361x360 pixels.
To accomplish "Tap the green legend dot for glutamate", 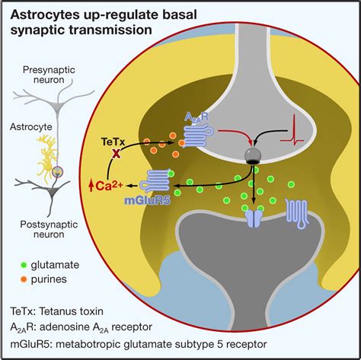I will pos(24,265).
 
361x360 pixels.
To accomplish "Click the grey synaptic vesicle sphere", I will pos(251,155).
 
